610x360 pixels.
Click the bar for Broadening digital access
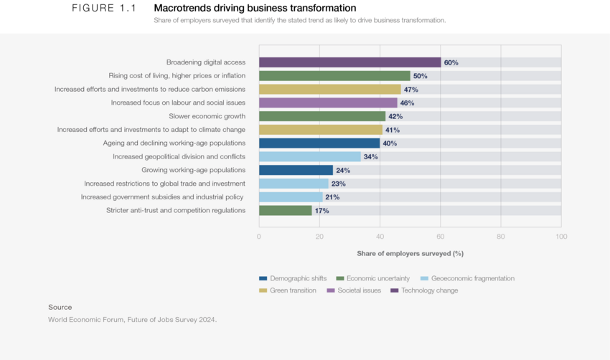[x=349, y=62]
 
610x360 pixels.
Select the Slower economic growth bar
[x=322, y=116]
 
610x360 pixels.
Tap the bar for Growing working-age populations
[x=296, y=170]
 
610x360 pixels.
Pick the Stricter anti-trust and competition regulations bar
[x=285, y=210]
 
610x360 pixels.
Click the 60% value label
[x=451, y=62]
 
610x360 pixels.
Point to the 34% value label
[x=371, y=156]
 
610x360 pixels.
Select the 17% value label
[x=322, y=211]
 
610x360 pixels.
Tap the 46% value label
[x=407, y=103]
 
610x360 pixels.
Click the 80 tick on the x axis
[x=501, y=236]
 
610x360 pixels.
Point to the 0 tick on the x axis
[x=259, y=236]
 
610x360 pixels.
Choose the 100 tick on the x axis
[x=561, y=236]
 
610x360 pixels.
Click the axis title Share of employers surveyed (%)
[x=410, y=253]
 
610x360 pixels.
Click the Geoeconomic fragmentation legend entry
[x=467, y=278]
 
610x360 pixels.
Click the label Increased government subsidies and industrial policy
[x=163, y=196]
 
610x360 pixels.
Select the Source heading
[x=60, y=307]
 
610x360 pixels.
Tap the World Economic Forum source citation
[x=132, y=320]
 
